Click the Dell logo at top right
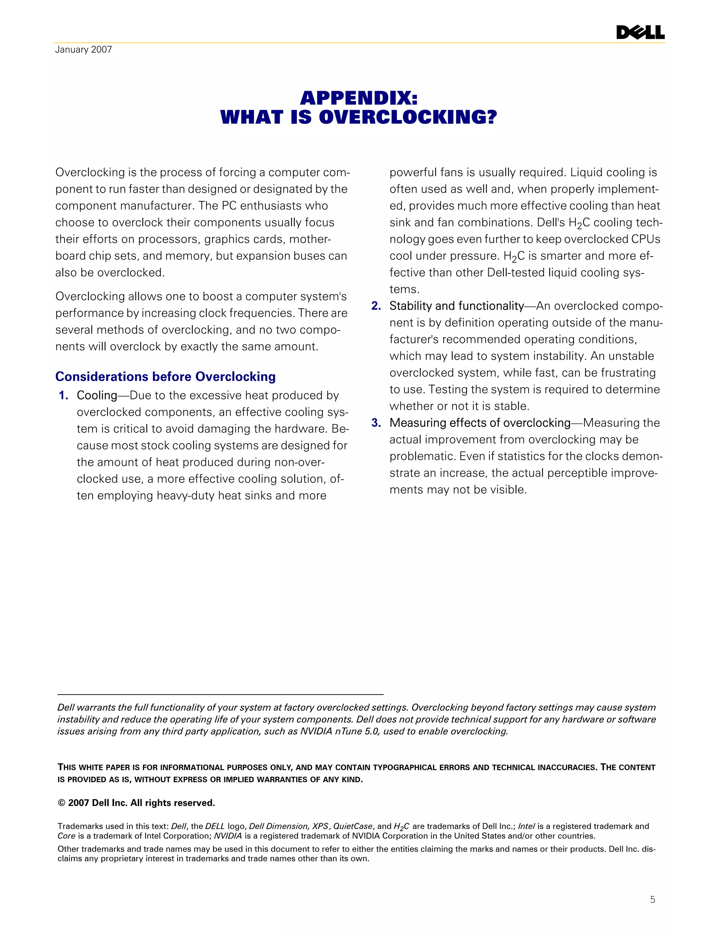click(x=640, y=33)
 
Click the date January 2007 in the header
click(x=83, y=49)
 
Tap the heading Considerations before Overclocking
click(x=165, y=377)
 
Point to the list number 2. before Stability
click(x=376, y=306)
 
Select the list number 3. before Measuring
click(x=376, y=423)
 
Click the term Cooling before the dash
click(x=97, y=395)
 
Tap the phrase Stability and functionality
click(x=456, y=306)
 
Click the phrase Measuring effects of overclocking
click(x=480, y=423)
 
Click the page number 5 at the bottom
click(x=652, y=899)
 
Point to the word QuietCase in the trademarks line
click(x=353, y=826)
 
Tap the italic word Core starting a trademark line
click(x=66, y=836)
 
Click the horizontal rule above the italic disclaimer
click(x=221, y=695)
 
